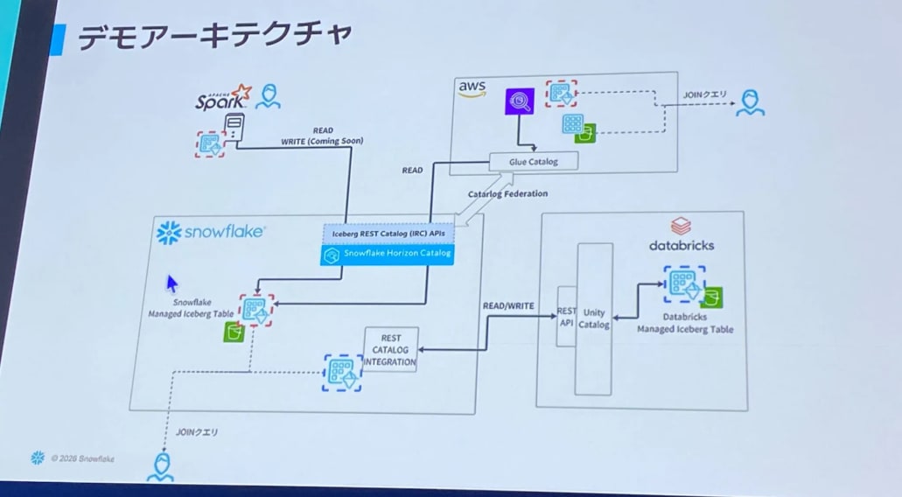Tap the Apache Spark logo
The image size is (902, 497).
coord(222,98)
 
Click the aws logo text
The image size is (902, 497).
coord(472,87)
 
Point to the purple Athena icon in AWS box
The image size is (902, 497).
coord(520,103)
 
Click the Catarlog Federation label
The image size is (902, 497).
coord(507,193)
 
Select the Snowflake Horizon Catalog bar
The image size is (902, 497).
coord(388,254)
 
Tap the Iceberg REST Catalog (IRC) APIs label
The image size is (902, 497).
coord(388,234)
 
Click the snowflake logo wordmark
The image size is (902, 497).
coord(212,232)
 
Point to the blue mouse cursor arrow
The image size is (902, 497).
coord(172,283)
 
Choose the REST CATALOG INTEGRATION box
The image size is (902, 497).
coord(391,349)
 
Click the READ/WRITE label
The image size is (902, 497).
coord(508,306)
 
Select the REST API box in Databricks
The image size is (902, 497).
coord(565,316)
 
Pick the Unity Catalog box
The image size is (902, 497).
coord(594,318)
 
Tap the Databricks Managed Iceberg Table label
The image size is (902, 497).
coord(685,324)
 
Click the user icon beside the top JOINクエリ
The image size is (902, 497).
coord(749,103)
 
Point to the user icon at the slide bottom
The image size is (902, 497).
coord(159,466)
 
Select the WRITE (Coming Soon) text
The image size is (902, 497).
coord(322,140)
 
